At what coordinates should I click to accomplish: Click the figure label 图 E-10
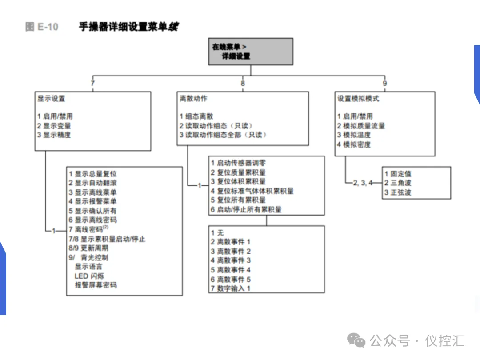[42, 27]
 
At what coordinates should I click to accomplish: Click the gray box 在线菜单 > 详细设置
[251, 51]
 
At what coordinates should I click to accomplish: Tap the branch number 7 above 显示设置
[92, 83]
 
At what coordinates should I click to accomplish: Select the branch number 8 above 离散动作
[243, 83]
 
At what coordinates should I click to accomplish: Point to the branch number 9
[384, 83]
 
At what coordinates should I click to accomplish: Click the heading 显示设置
[52, 98]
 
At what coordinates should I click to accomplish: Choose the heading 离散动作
[193, 98]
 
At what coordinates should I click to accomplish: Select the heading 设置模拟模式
[358, 98]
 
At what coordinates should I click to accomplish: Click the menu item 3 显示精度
[54, 135]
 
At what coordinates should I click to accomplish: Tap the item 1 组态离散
[196, 116]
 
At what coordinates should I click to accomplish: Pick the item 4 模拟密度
[354, 144]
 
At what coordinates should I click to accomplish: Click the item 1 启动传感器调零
[239, 163]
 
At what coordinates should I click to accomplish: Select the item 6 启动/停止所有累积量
[246, 209]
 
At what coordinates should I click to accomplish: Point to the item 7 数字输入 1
[231, 288]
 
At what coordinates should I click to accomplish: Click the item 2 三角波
[398, 183]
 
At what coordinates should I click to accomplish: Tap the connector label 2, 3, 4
[364, 183]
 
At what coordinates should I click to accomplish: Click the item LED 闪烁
[89, 276]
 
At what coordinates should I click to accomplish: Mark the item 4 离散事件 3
[231, 260]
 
